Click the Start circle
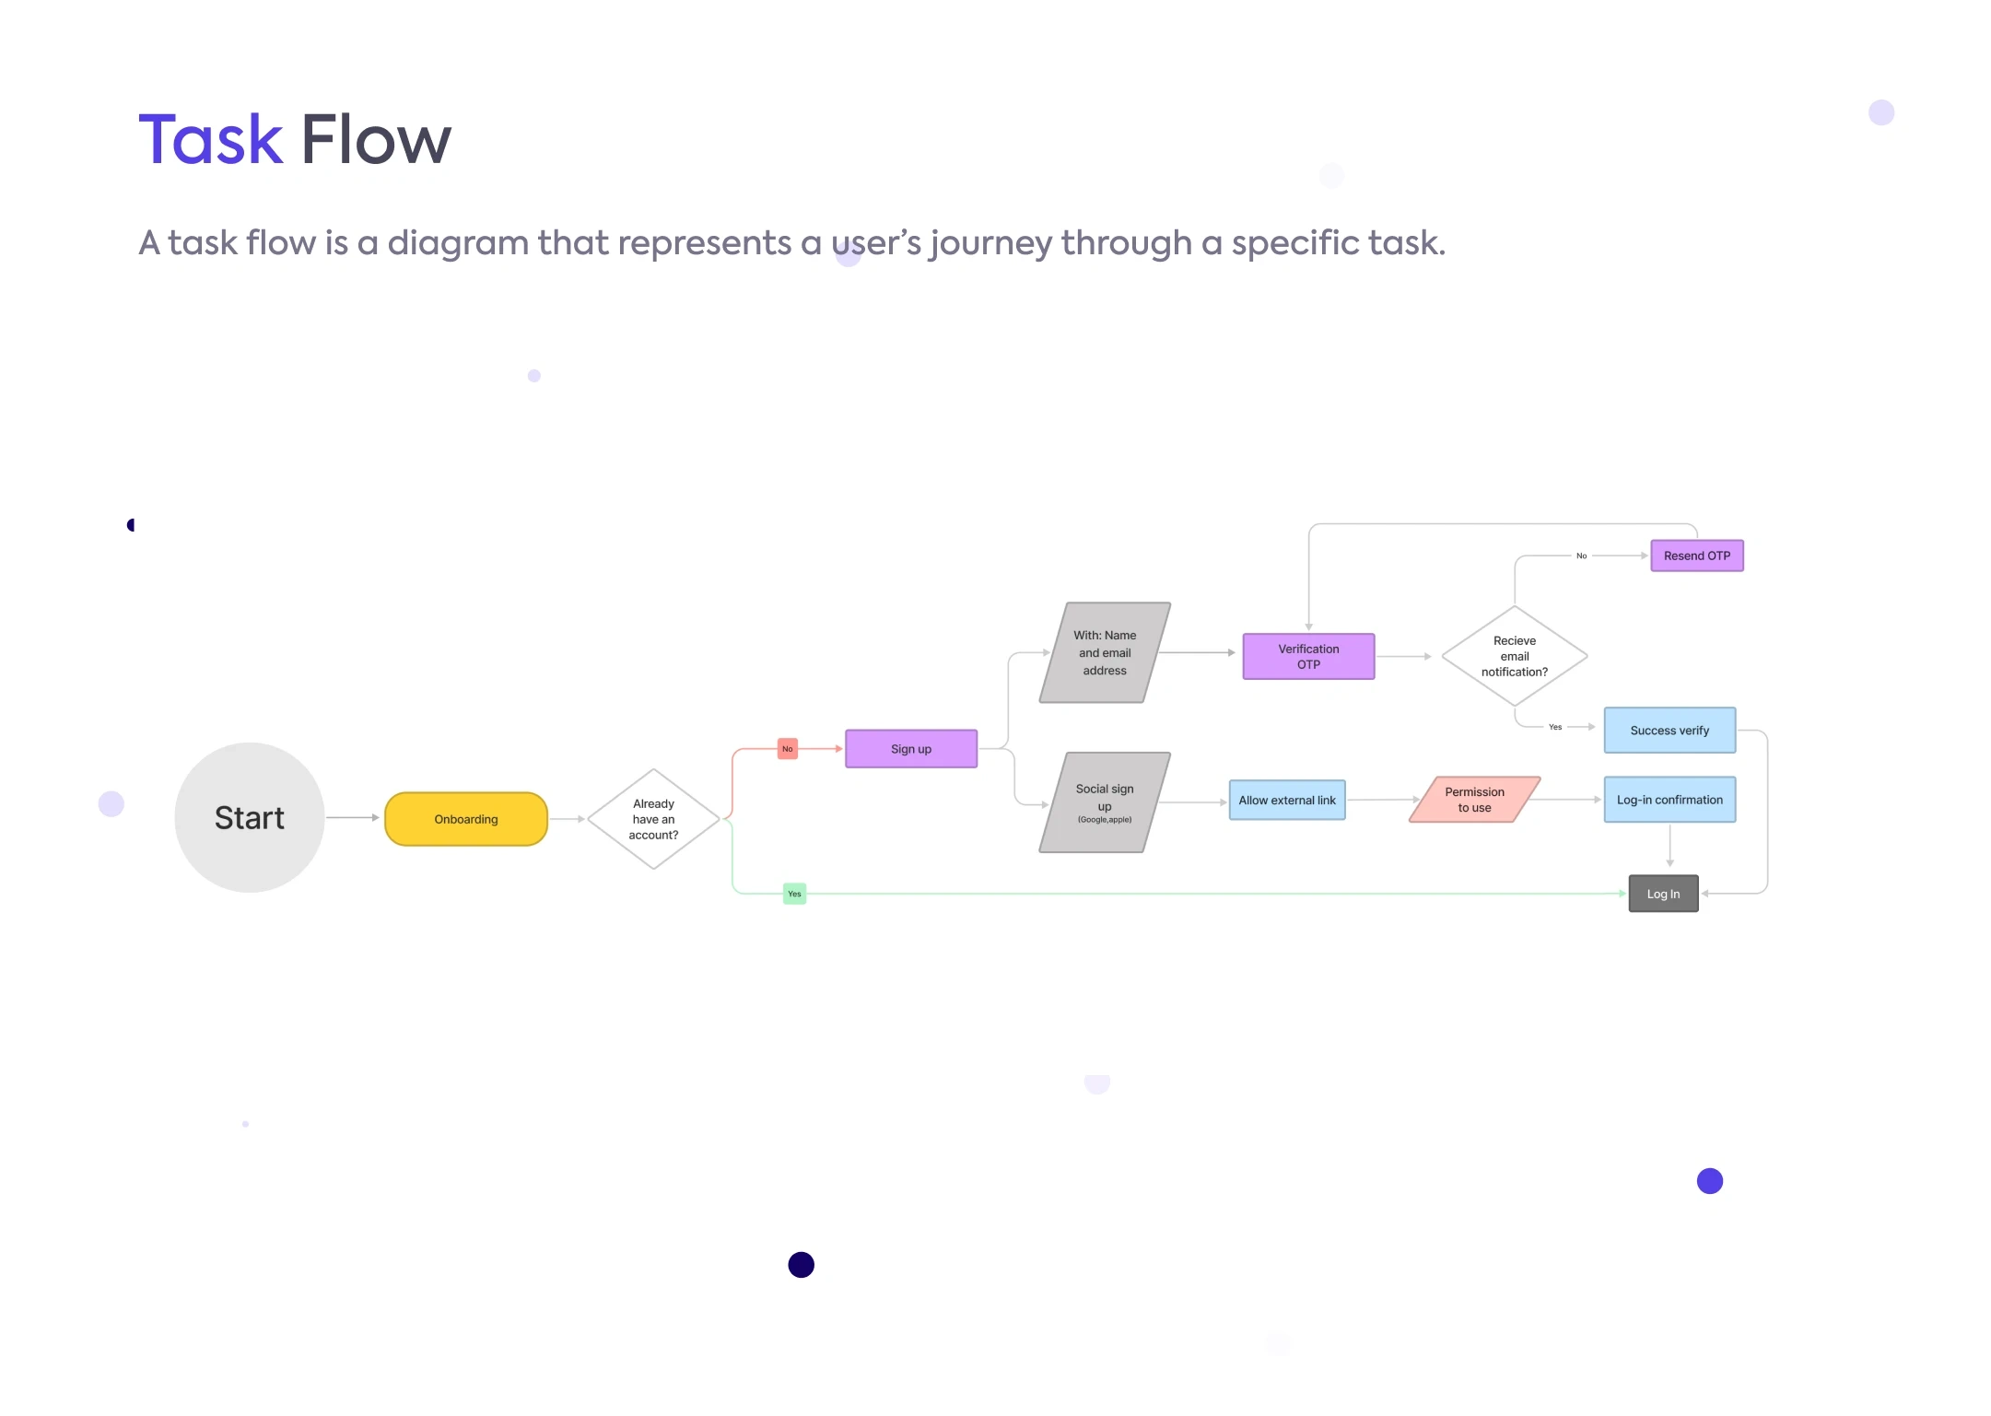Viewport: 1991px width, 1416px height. click(x=249, y=817)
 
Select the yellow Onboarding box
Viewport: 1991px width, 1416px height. click(x=466, y=819)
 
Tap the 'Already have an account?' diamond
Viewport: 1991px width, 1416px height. click(x=653, y=819)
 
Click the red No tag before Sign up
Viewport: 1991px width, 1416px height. click(x=787, y=749)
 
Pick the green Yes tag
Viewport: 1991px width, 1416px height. click(x=794, y=894)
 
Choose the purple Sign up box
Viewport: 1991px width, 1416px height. click(x=911, y=749)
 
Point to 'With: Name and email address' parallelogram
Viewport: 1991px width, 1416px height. click(x=1105, y=653)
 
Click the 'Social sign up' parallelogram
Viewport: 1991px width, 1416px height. click(x=1105, y=802)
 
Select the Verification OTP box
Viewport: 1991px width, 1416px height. click(x=1308, y=656)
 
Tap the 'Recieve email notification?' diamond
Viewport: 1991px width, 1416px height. click(x=1515, y=656)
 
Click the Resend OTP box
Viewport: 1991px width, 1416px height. click(x=1697, y=556)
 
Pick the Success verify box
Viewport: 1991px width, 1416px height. click(x=1669, y=731)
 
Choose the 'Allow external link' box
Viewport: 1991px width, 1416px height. click(x=1287, y=801)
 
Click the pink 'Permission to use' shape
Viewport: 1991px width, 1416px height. click(x=1474, y=800)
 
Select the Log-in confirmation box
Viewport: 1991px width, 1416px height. click(x=1669, y=800)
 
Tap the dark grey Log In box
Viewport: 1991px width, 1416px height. click(x=1663, y=894)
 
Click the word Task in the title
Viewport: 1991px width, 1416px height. click(x=211, y=140)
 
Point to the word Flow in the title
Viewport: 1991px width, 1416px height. click(x=376, y=140)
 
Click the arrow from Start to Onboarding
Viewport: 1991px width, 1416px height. click(x=353, y=817)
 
